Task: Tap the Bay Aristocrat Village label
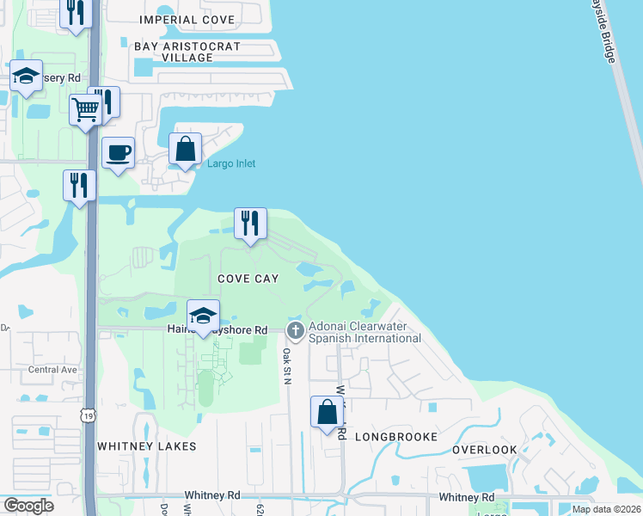(175, 52)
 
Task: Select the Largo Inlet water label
(231, 163)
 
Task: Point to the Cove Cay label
(248, 279)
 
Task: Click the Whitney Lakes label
(147, 446)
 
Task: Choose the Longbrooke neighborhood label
(397, 437)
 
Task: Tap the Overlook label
(485, 450)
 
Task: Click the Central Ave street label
(52, 370)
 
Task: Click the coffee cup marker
(119, 154)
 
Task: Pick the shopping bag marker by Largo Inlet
(185, 150)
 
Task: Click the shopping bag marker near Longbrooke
(328, 413)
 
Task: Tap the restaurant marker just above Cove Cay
(250, 224)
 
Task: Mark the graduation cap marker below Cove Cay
(202, 316)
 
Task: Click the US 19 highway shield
(89, 415)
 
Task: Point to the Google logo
(28, 506)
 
